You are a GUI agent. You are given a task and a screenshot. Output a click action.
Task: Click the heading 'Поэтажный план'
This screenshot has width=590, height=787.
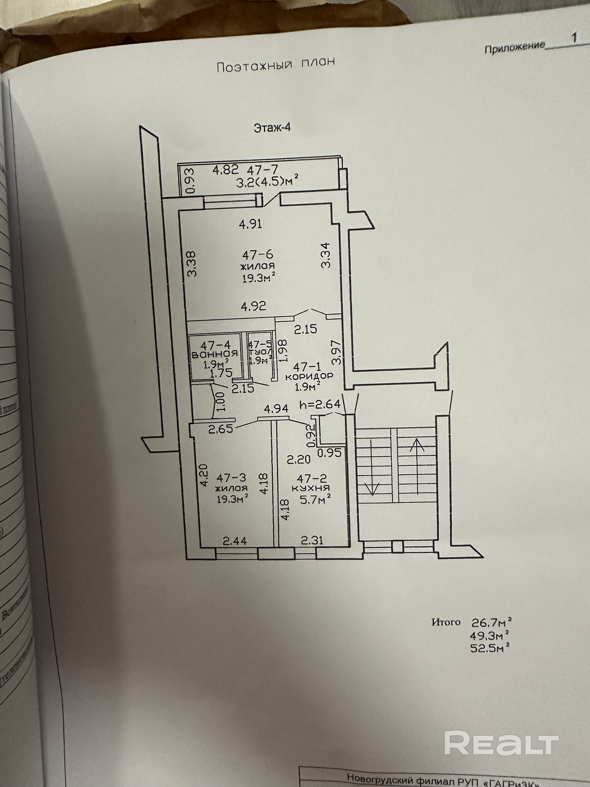tap(276, 65)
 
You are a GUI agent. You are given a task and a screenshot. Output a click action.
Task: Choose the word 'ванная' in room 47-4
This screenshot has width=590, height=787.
tap(214, 354)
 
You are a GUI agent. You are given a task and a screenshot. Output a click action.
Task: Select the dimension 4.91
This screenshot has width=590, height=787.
tap(251, 224)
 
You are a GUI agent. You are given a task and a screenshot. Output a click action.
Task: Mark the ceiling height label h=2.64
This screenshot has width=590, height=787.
tap(320, 404)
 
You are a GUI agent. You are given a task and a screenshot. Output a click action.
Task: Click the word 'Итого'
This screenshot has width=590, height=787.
tap(446, 622)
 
